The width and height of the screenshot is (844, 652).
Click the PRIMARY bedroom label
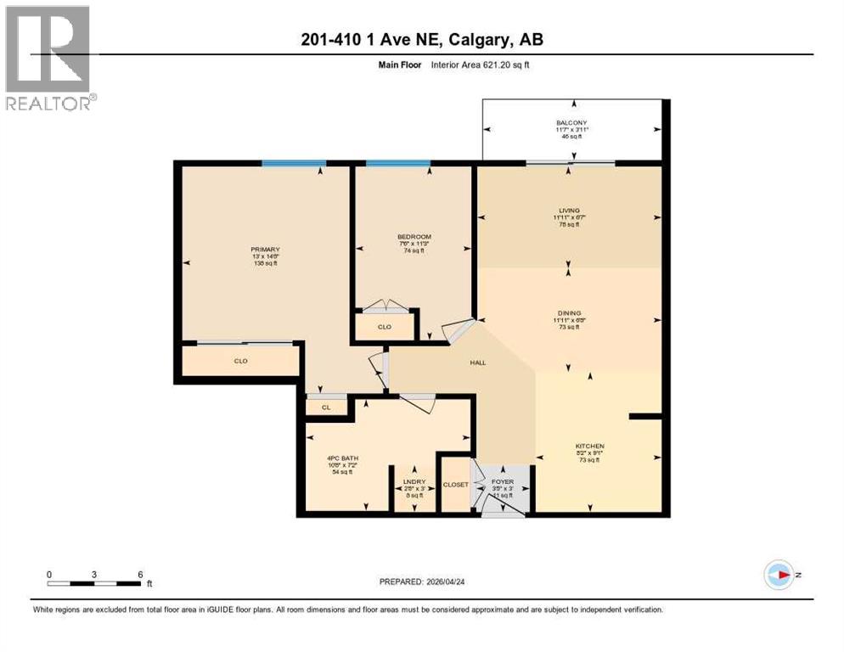tap(265, 250)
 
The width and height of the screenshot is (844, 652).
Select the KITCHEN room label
tap(588, 447)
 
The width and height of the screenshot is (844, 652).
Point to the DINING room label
tap(569, 312)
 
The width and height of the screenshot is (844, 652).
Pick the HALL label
tap(478, 363)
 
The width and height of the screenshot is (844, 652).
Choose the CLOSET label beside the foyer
tap(455, 485)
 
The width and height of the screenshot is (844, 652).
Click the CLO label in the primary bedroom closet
tap(240, 361)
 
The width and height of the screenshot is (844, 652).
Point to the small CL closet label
tap(325, 407)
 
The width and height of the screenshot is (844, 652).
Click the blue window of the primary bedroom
tap(294, 163)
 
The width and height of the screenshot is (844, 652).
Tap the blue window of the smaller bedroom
tap(397, 163)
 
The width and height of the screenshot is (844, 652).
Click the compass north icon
tap(779, 575)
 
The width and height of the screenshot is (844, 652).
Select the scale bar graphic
tap(94, 582)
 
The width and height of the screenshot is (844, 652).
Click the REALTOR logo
tap(48, 58)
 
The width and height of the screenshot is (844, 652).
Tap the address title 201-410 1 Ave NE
tap(422, 40)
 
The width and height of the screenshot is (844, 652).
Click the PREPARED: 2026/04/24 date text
tap(426, 582)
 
